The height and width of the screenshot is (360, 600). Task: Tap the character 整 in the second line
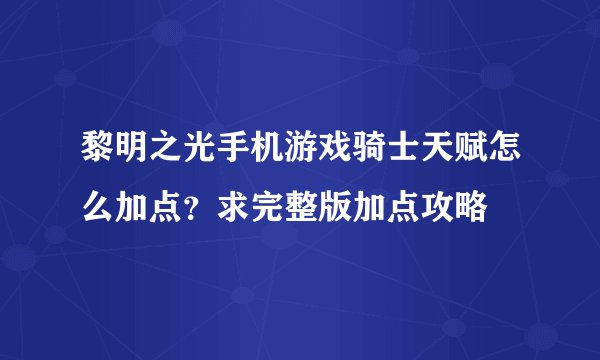(x=301, y=207)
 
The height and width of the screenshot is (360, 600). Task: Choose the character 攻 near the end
(x=444, y=207)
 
